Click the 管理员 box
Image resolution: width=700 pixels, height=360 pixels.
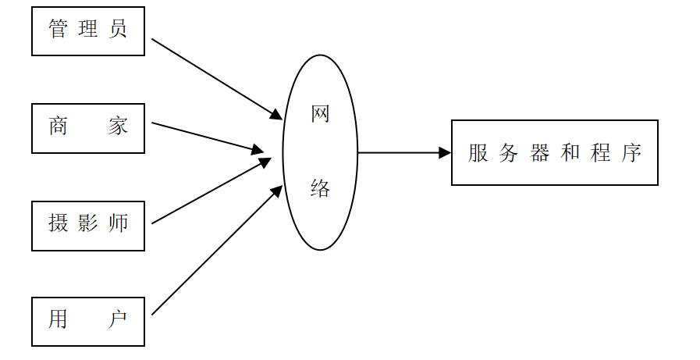point(87,31)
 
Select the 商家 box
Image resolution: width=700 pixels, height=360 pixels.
point(87,128)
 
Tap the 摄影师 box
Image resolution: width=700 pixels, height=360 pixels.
point(87,225)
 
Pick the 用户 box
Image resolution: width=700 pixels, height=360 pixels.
point(87,321)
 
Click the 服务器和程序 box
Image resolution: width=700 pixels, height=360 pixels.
point(554,152)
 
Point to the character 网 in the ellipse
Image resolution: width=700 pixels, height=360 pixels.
point(320,116)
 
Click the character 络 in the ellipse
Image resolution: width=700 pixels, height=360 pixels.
point(320,188)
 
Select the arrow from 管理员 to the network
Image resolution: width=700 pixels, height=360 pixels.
point(216,78)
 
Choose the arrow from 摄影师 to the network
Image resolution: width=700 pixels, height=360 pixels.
point(211,191)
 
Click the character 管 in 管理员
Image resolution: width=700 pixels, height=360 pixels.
point(58,30)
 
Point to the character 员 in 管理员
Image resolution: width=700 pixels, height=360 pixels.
point(118,30)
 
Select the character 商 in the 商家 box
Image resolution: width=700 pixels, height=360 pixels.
point(58,127)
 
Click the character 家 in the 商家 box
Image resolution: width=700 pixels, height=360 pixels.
point(118,127)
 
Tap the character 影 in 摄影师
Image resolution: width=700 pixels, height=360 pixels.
point(88,223)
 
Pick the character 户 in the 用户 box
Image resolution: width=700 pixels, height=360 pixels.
point(118,320)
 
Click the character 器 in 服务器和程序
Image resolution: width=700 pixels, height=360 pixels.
point(539,153)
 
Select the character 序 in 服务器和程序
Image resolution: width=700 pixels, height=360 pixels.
point(631,153)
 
